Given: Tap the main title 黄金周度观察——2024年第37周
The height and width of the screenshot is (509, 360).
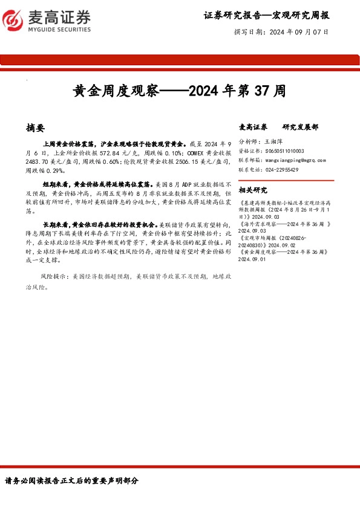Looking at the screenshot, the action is [x=179, y=91].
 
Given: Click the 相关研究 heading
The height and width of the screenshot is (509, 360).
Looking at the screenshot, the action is [x=254, y=189].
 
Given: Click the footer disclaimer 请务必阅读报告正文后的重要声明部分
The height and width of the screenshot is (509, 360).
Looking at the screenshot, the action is [x=72, y=481].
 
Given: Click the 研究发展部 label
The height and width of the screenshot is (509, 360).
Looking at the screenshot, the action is [x=300, y=128].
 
